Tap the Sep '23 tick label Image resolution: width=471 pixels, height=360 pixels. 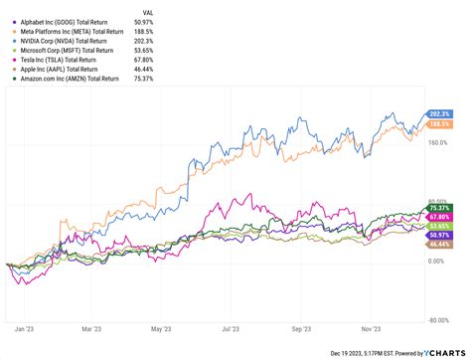tap(303, 328)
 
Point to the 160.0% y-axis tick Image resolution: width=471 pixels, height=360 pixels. tap(439, 142)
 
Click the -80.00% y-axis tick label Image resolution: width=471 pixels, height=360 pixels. tap(439, 319)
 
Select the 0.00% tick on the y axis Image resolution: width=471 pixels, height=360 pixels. tap(437, 261)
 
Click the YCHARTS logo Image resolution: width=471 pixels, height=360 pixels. tap(441, 351)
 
